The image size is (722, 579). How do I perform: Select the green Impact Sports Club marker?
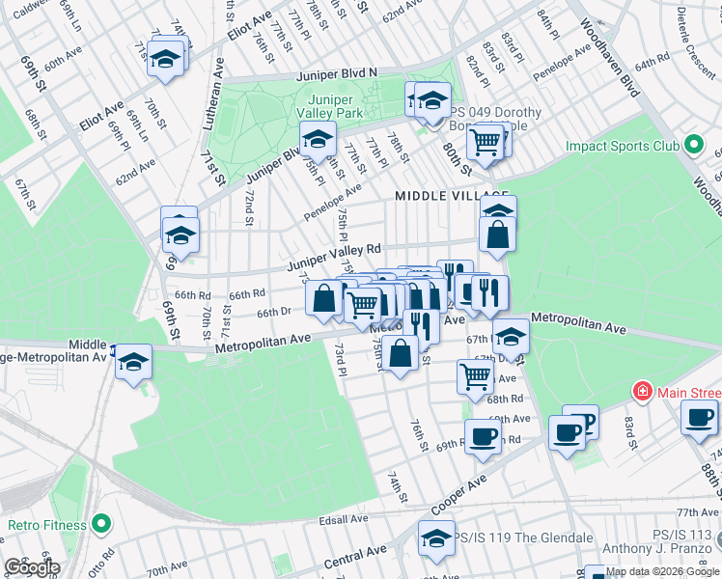click(x=693, y=146)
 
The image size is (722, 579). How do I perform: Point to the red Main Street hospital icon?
click(x=641, y=392)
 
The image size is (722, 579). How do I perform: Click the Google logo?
click(x=32, y=567)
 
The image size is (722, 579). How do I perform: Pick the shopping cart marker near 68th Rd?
click(x=475, y=375)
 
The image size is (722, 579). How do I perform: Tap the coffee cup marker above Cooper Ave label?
click(x=483, y=435)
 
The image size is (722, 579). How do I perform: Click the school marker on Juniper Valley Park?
click(x=317, y=140)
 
